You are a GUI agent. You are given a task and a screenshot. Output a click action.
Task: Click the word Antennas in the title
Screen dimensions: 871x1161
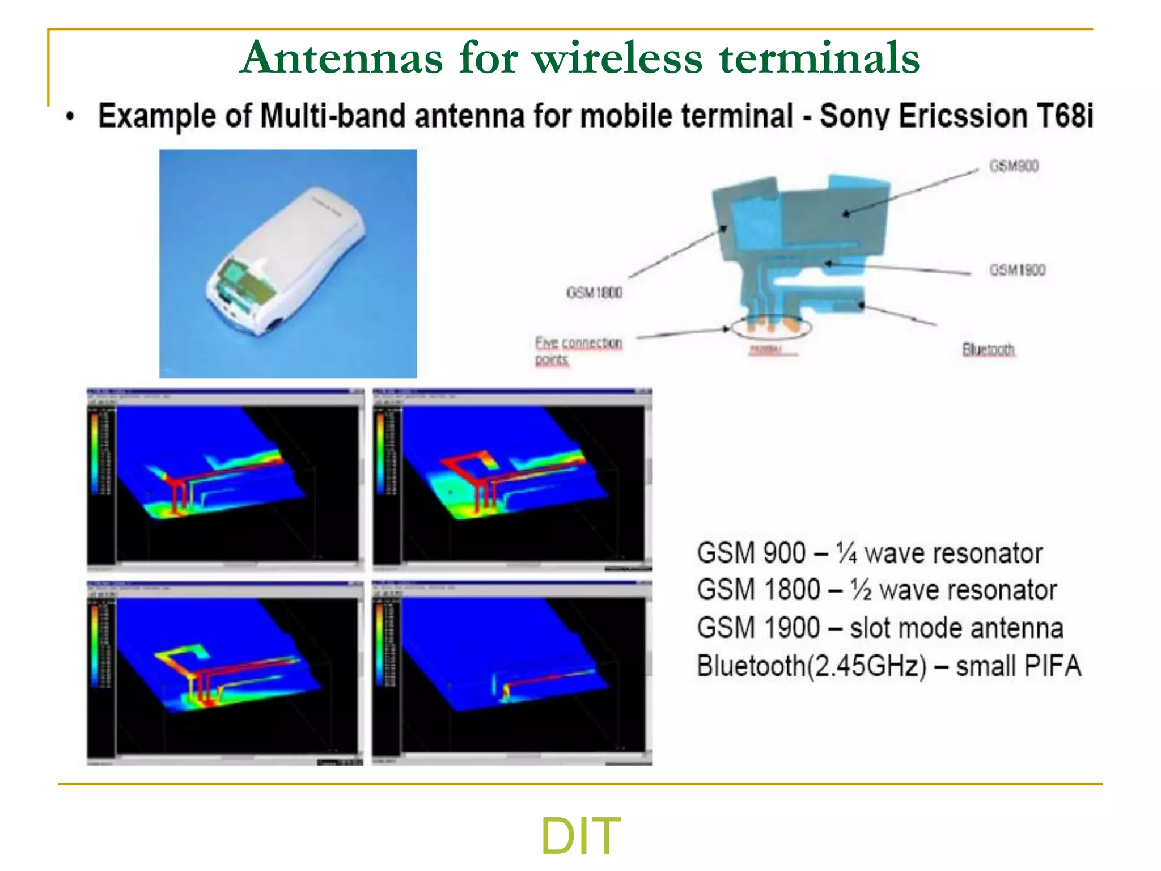[341, 58]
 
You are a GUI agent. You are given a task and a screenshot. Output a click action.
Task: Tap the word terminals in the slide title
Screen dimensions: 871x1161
[819, 58]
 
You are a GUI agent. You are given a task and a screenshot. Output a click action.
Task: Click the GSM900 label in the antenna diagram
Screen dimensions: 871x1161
[1014, 166]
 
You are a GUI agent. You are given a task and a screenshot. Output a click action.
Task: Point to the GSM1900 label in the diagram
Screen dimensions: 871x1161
[1017, 270]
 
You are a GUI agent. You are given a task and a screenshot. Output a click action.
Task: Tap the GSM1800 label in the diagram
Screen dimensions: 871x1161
[594, 293]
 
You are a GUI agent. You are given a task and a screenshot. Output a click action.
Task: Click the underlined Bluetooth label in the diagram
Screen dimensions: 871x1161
[988, 349]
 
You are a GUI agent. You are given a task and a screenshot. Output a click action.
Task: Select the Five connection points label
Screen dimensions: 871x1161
[578, 350]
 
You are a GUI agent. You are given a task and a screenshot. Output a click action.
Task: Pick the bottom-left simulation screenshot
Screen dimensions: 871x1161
[225, 673]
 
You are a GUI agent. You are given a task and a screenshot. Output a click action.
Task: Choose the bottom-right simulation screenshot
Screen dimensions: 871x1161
[512, 673]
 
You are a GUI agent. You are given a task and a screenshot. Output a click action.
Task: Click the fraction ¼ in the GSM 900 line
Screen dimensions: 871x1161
[846, 553]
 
